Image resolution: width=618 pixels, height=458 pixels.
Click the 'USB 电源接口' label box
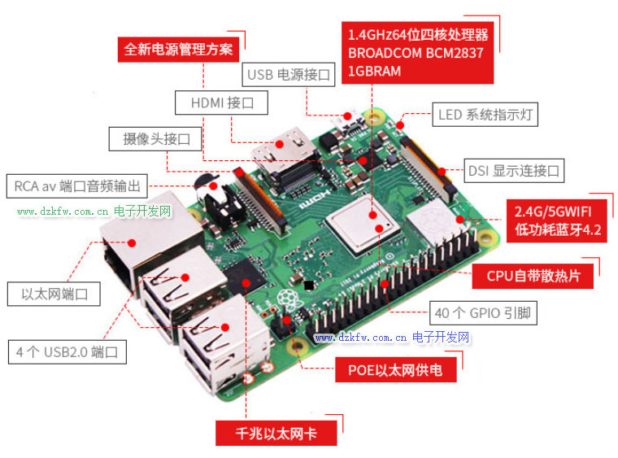pos(289,75)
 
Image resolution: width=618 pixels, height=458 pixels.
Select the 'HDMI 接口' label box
pos(221,103)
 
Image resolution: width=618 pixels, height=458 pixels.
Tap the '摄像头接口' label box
pos(155,139)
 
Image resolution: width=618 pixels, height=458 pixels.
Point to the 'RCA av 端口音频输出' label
pos(77,186)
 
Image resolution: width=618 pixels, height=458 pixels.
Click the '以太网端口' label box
pos(54,294)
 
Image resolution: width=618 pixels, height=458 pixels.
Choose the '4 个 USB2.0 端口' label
pos(67,352)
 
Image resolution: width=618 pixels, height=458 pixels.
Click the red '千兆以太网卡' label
pos(276,433)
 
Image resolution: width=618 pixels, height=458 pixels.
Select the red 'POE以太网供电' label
pos(396,369)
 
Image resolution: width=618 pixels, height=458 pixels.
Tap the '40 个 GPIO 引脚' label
pos(483,313)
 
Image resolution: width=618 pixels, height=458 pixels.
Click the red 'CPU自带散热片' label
pos(533,276)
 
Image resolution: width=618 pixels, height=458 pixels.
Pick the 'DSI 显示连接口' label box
pos(514,171)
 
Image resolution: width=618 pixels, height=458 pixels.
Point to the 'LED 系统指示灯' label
pos(485,115)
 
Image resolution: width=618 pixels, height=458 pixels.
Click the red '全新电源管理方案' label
pos(179,50)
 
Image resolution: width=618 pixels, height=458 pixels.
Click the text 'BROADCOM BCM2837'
pos(416,53)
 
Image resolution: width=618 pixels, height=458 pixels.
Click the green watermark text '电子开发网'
pos(142,212)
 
